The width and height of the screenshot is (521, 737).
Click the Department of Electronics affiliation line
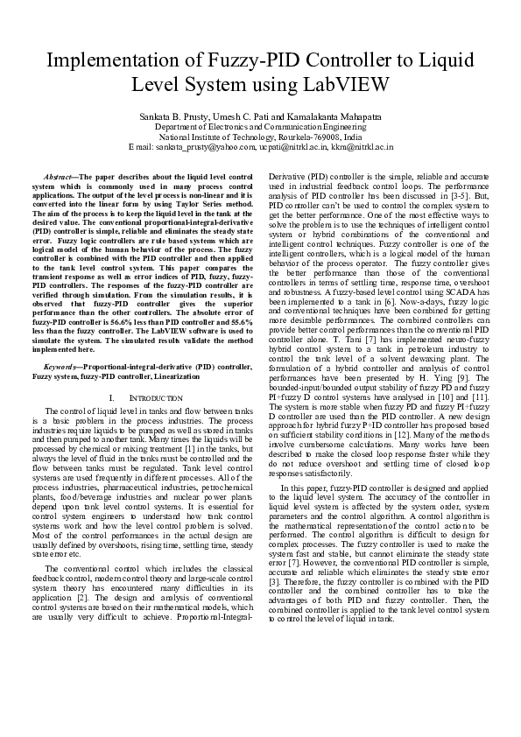click(260, 126)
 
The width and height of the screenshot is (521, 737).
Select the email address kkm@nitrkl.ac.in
click(357, 147)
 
